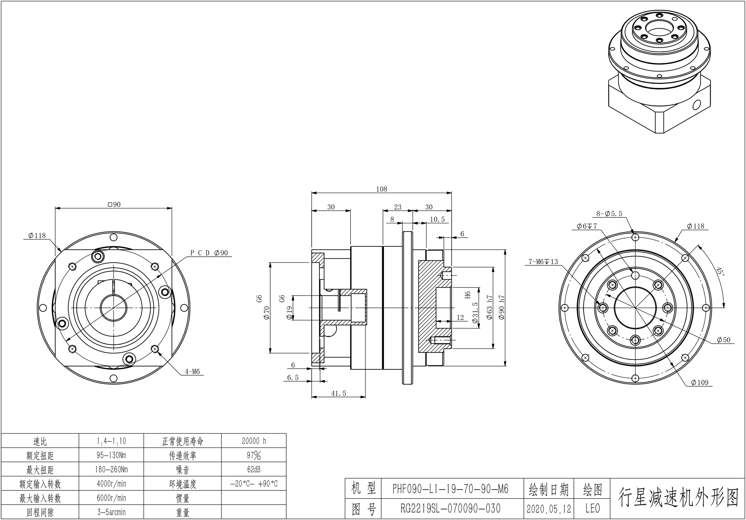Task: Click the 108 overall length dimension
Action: pos(382,189)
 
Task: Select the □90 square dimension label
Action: pos(114,204)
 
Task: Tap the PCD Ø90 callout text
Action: pos(209,253)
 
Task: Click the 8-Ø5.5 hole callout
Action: pos(609,214)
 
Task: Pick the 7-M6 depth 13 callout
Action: pos(543,261)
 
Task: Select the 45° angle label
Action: pos(720,272)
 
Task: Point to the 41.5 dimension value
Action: pos(339,393)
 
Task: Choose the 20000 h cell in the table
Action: pos(254,441)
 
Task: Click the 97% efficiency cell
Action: pos(254,455)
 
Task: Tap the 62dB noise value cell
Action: pos(254,469)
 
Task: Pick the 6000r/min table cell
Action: pos(111,498)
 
